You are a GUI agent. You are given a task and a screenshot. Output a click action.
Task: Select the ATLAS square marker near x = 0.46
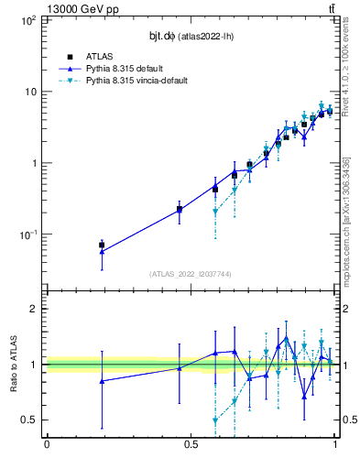[180, 210]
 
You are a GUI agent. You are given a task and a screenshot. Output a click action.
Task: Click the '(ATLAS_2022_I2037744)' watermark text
[191, 274]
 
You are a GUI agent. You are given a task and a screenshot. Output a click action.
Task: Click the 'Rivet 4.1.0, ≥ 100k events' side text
[346, 62]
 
